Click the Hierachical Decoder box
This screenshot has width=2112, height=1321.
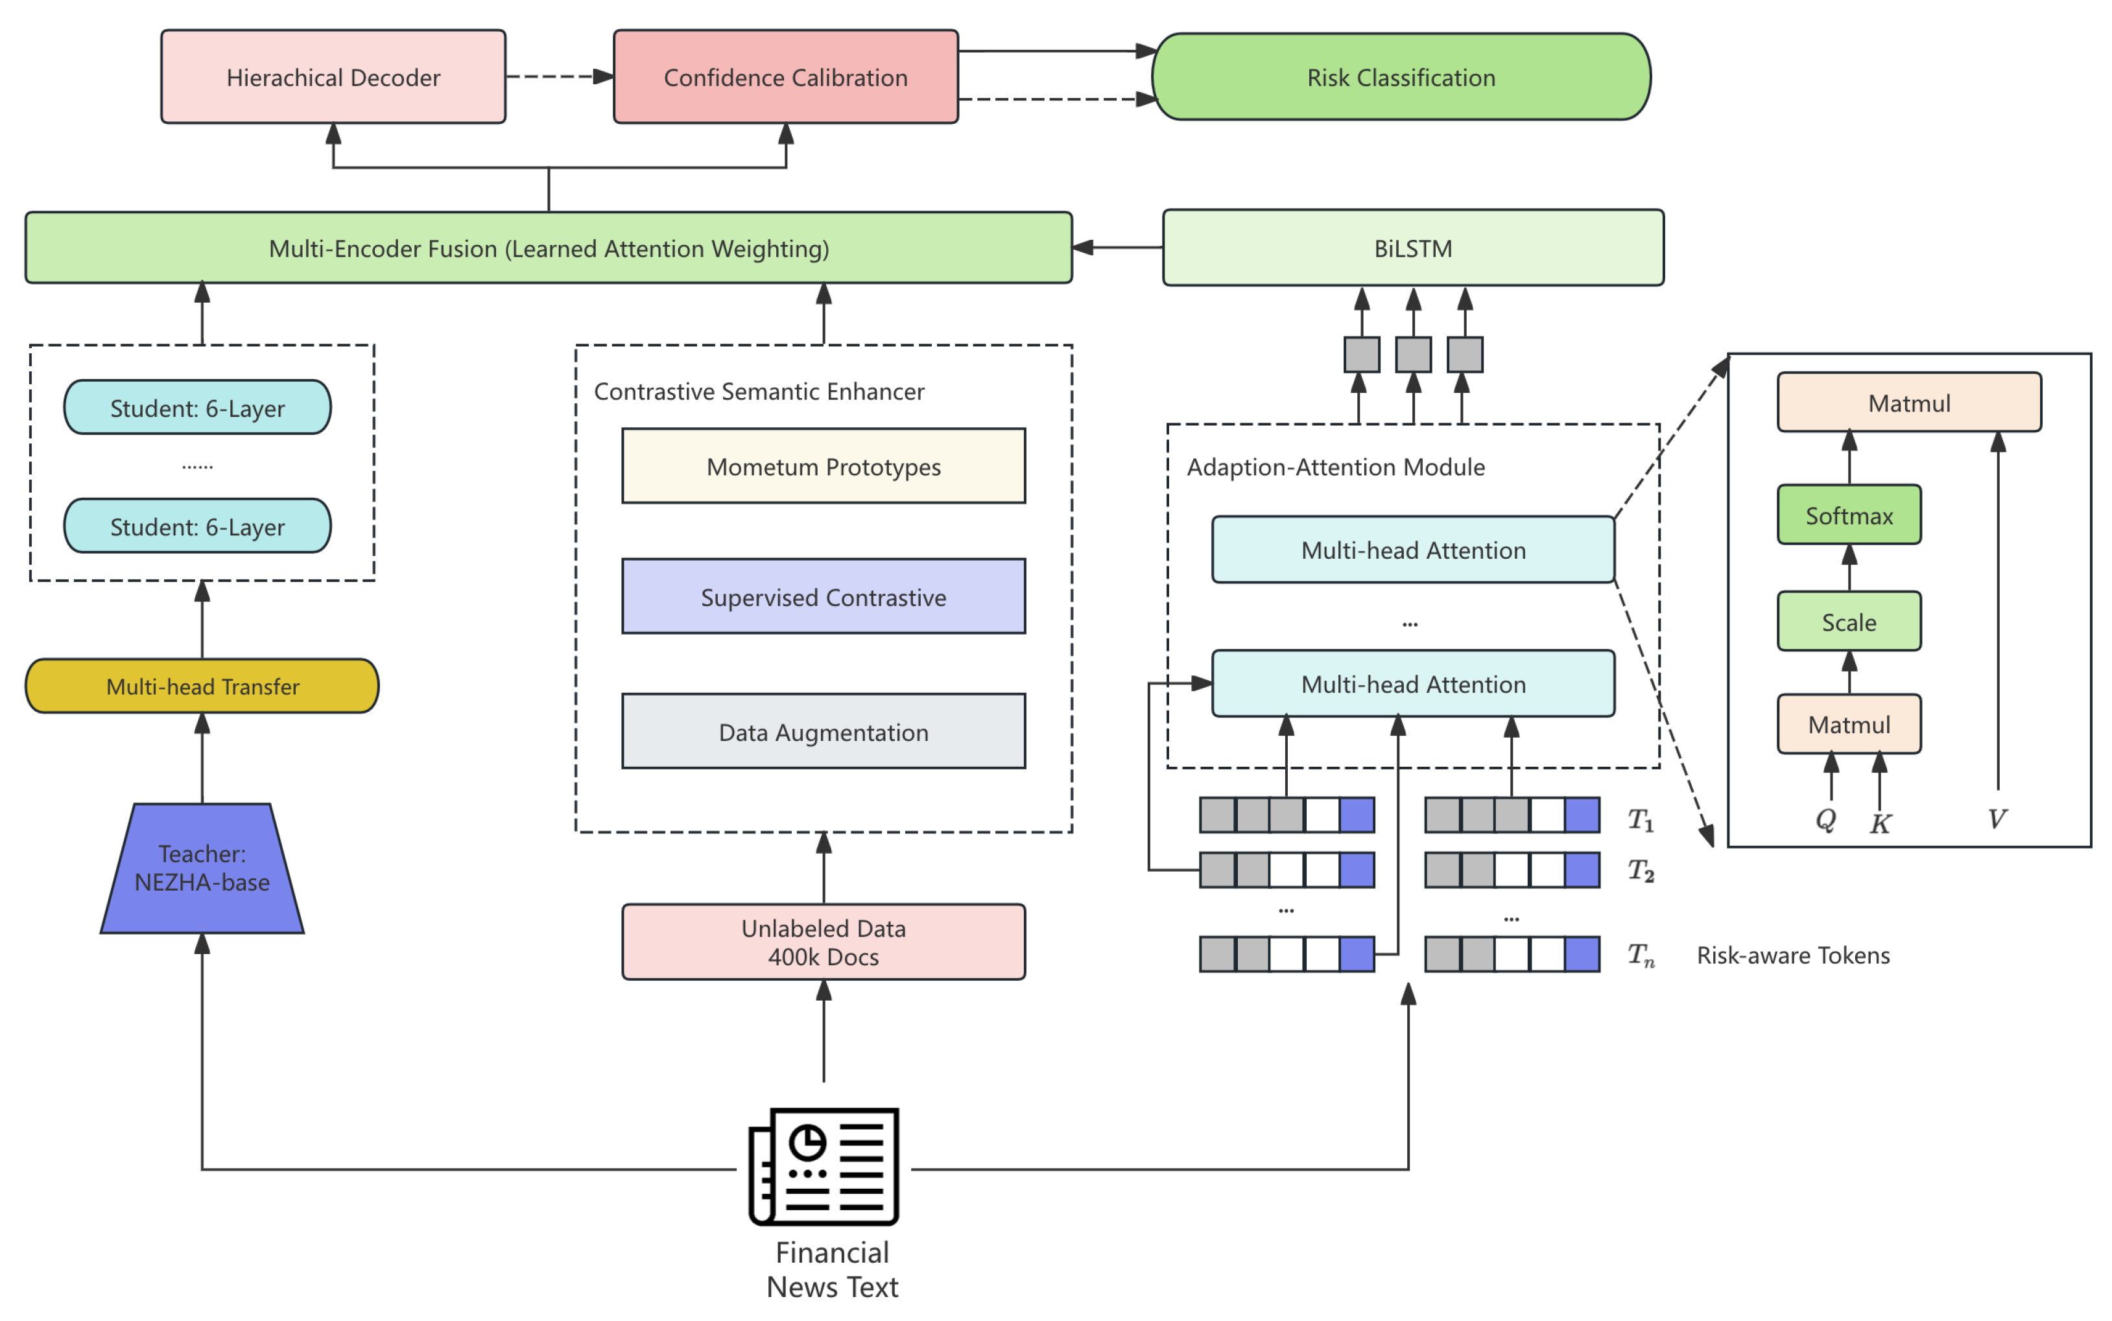click(333, 77)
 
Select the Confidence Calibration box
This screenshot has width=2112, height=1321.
click(785, 77)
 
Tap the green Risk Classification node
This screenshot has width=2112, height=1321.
click(1401, 77)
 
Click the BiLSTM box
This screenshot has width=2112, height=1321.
click(1412, 248)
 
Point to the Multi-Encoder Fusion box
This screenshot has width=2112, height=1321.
click(548, 248)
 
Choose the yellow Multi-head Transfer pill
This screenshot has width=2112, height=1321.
click(202, 686)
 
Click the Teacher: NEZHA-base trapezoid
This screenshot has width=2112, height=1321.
click(202, 867)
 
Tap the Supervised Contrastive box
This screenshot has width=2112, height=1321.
click(823, 597)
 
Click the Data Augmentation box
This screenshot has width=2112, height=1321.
click(823, 731)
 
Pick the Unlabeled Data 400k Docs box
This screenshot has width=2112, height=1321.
click(823, 942)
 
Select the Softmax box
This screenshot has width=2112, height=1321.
click(1848, 515)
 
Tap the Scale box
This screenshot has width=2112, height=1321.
click(1848, 622)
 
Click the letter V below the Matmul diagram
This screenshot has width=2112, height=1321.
click(1997, 819)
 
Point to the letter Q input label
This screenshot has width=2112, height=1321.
click(1825, 819)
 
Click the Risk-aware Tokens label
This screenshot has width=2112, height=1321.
click(1792, 955)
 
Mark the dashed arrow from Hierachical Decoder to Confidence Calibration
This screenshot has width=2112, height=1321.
click(559, 77)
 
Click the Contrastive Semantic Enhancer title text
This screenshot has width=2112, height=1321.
click(759, 392)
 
